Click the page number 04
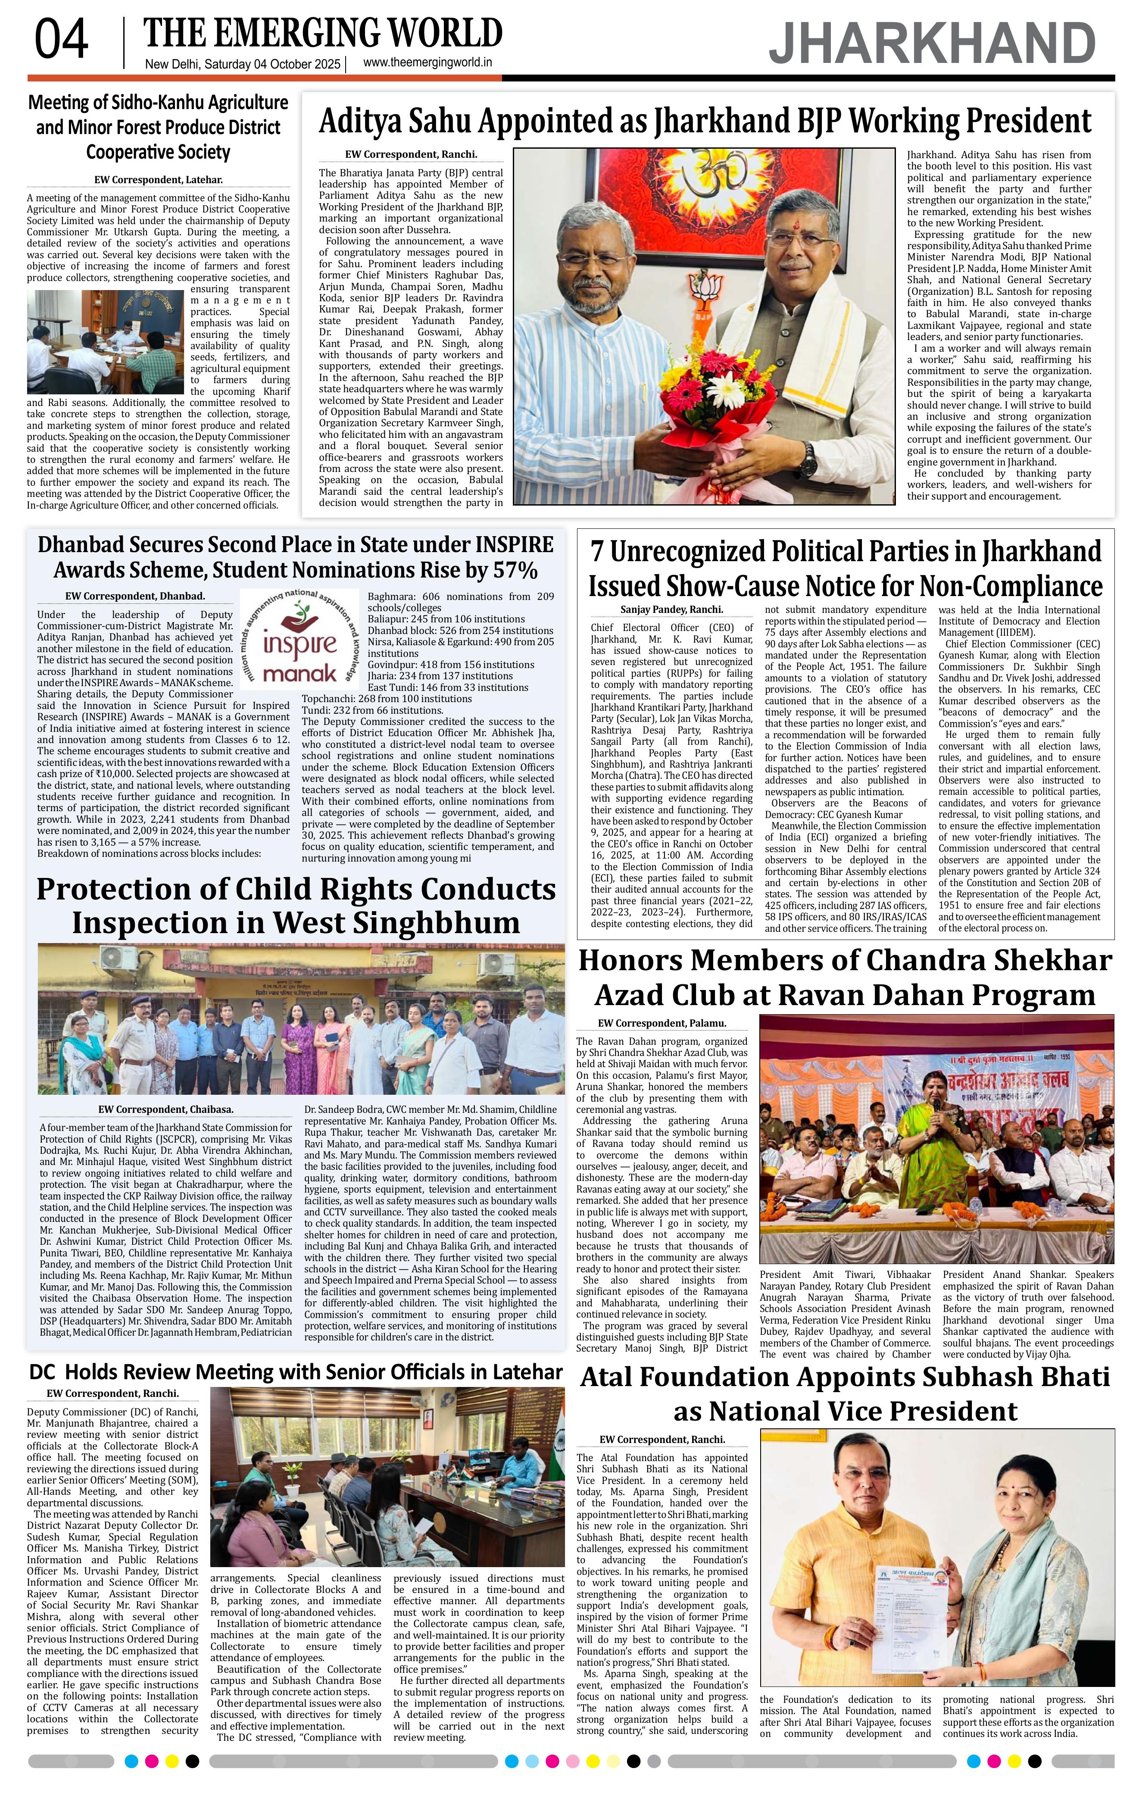coord(61,41)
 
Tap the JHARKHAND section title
coord(932,44)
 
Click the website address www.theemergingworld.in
coord(427,63)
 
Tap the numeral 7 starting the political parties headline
coord(598,552)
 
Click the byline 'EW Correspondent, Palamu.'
coord(662,1024)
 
